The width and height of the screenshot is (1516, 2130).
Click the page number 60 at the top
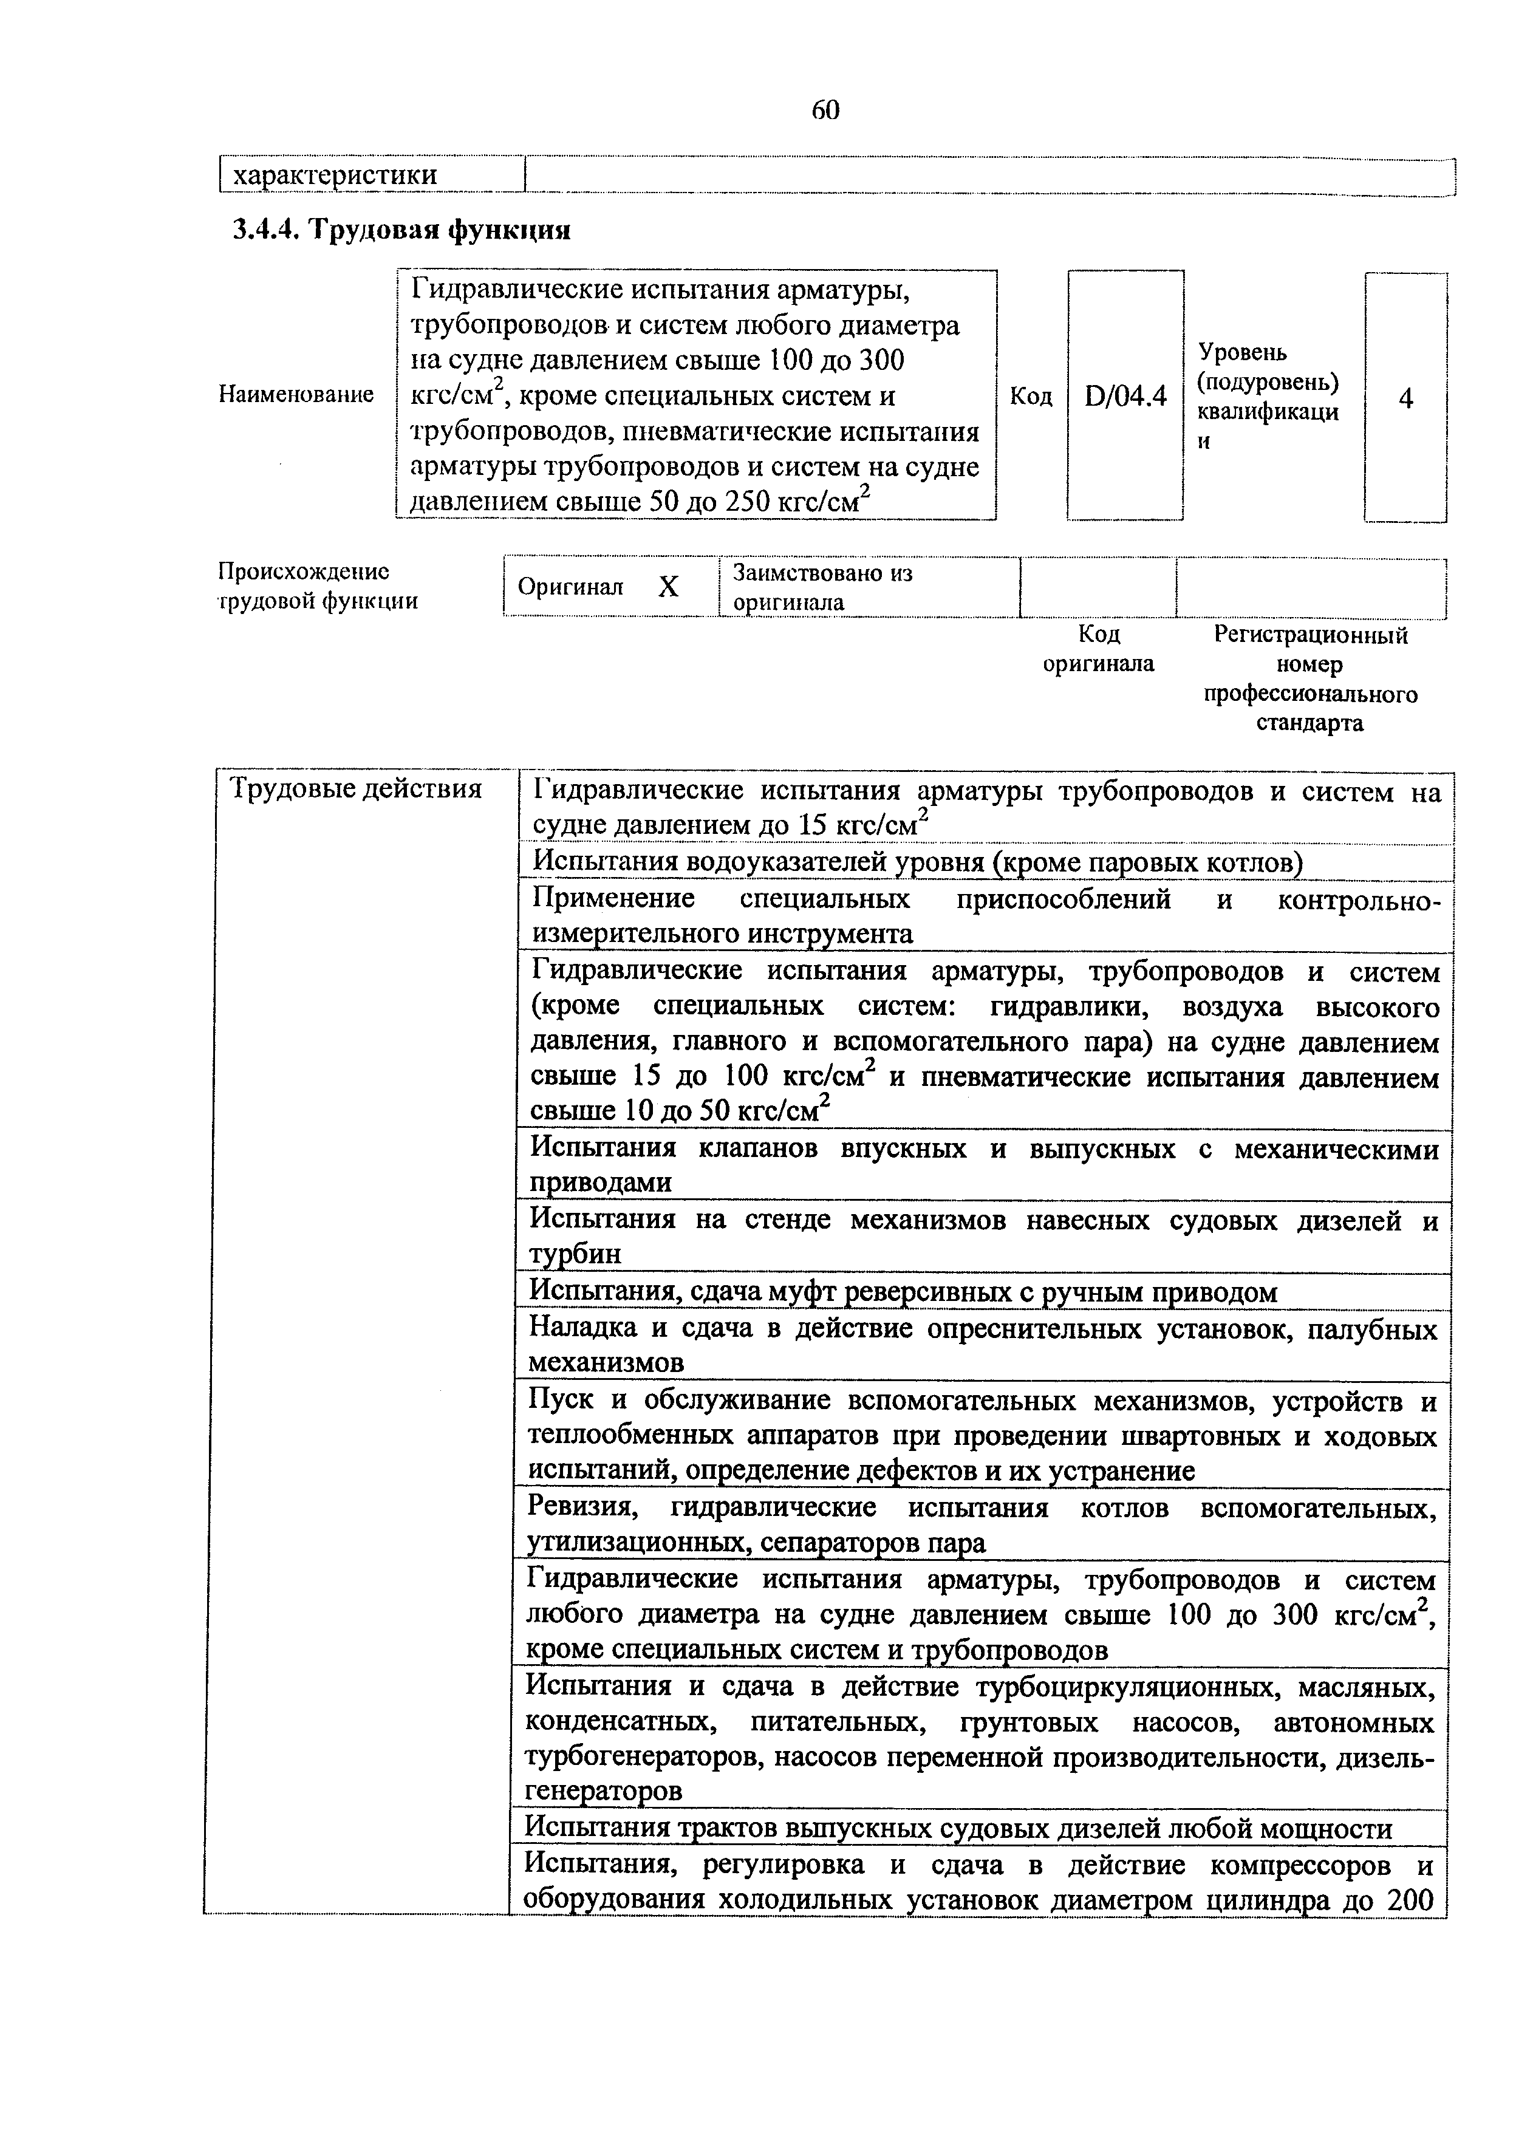pos(825,110)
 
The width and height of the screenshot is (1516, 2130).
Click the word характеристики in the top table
pos(334,174)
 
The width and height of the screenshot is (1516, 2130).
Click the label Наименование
pos(296,395)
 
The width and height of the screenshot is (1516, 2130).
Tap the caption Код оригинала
pos(1099,649)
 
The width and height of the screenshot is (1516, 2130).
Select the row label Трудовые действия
pos(356,790)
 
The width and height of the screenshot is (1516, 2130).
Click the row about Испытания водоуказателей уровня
pos(917,861)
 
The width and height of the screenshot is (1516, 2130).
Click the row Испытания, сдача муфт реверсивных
pos(903,1292)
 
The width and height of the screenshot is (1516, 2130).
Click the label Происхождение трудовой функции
pos(318,586)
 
